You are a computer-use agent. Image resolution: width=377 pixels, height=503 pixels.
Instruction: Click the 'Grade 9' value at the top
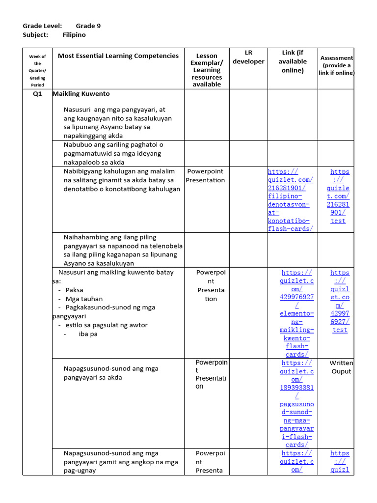tap(88, 26)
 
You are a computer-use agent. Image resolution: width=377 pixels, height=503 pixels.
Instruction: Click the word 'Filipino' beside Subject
tap(74, 35)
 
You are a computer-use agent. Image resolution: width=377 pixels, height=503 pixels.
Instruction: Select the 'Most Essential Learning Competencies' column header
tap(118, 56)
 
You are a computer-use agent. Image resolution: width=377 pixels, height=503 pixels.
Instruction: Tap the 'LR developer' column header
tap(248, 57)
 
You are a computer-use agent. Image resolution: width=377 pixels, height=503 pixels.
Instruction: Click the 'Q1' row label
tap(37, 94)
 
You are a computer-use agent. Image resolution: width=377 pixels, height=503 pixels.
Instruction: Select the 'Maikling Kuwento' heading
tap(81, 94)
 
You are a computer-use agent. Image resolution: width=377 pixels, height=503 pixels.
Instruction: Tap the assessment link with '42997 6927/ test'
tap(340, 301)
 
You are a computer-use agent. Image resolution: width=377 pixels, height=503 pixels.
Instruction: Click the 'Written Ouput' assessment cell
tap(341, 367)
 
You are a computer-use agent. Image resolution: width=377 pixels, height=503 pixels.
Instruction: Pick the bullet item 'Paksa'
tap(75, 290)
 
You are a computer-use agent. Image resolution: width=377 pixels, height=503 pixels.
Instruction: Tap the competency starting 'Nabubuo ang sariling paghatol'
tap(113, 153)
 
